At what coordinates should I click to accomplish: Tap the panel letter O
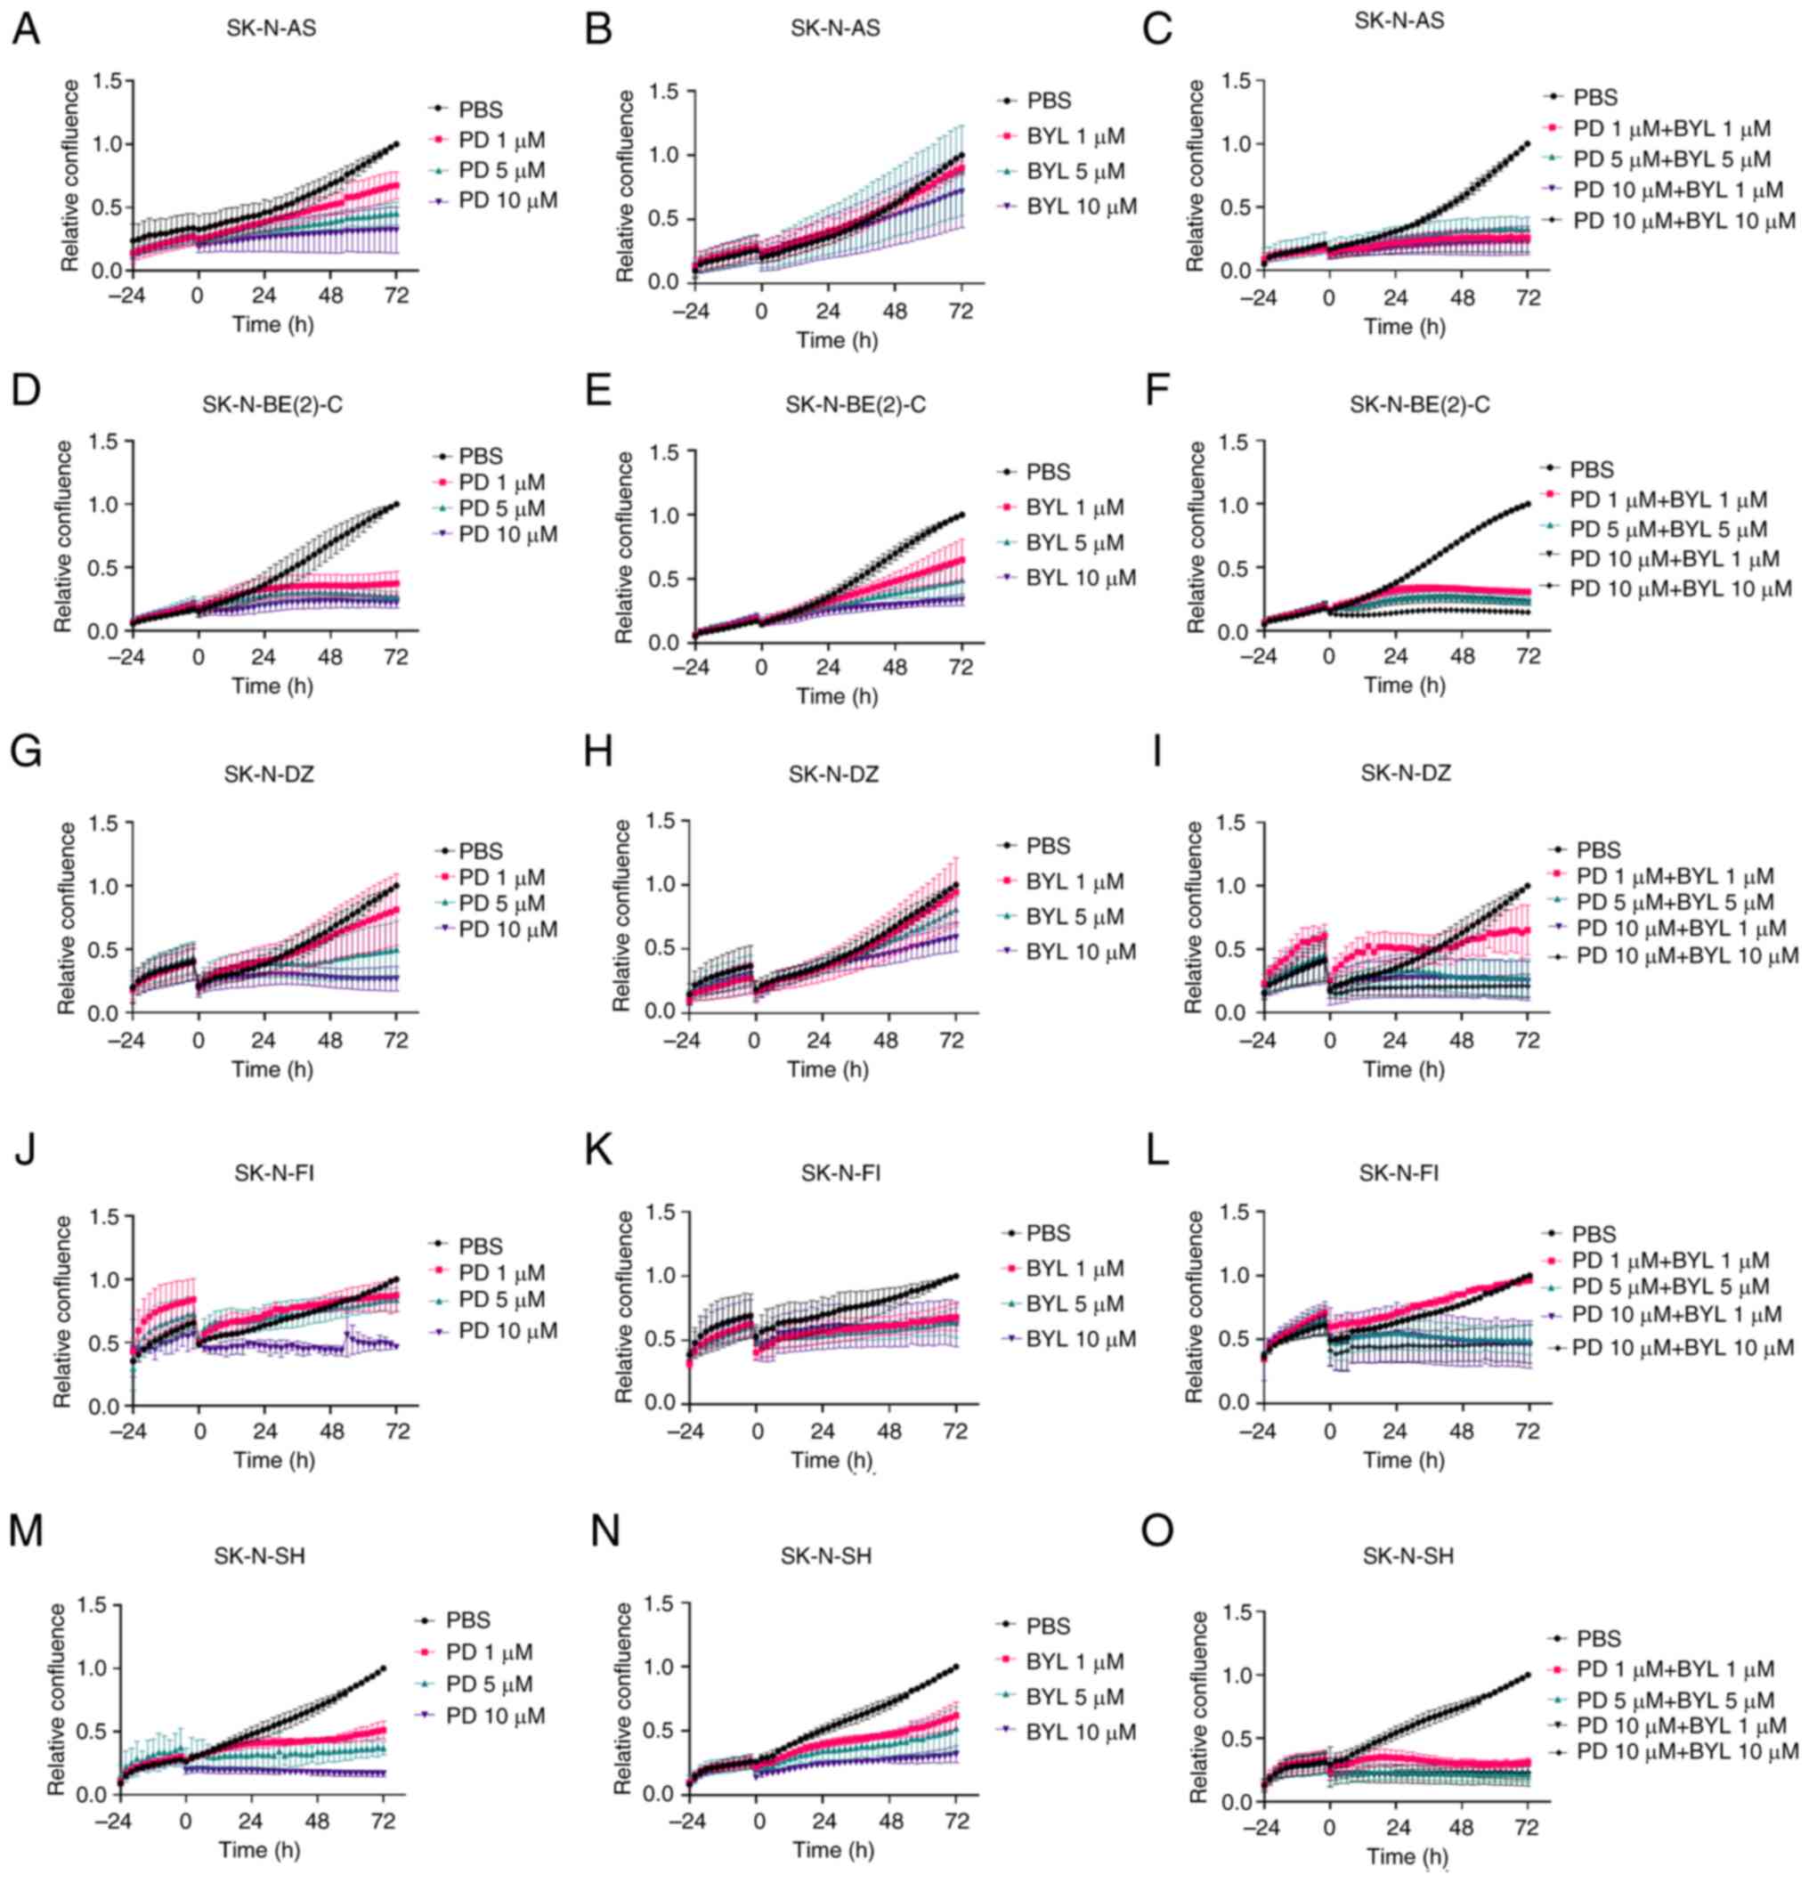tap(1157, 1530)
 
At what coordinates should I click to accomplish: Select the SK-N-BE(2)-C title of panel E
tap(855, 404)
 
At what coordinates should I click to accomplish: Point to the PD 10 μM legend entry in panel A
tap(507, 201)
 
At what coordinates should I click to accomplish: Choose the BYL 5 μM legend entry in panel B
tap(1074, 171)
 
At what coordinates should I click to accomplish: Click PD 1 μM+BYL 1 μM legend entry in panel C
tap(1671, 128)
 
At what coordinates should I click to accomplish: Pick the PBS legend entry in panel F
tap(1592, 470)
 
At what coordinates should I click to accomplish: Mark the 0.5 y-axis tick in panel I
tap(1237, 949)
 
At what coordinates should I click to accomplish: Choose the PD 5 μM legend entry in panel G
tap(501, 903)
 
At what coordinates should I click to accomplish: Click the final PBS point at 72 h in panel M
tap(384, 1668)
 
